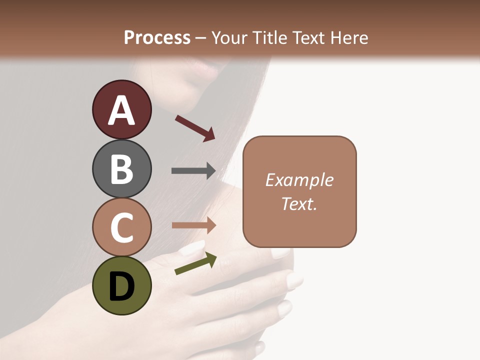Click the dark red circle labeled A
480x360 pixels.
coord(121,109)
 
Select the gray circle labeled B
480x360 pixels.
coord(121,168)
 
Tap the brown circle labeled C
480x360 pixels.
coord(121,227)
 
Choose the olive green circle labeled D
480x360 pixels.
coord(121,285)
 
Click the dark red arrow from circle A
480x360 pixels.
coord(195,127)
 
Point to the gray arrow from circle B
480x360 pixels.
coord(193,171)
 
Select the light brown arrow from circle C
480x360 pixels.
coord(193,225)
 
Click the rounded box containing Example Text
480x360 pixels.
coord(299,191)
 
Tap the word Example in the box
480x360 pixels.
coord(299,180)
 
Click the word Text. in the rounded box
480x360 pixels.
coord(299,203)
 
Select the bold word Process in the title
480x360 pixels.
coord(157,38)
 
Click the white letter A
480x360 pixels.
coord(121,110)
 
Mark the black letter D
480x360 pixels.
coord(121,286)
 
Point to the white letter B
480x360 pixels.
coord(121,169)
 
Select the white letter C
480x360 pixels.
coord(121,227)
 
